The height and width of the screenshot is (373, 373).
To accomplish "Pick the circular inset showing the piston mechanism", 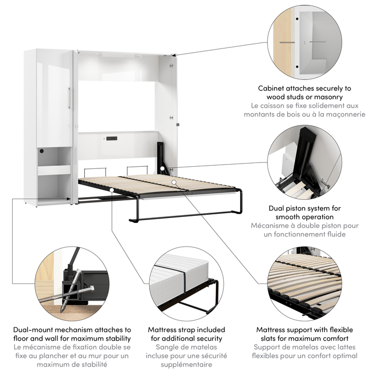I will [x=304, y=163].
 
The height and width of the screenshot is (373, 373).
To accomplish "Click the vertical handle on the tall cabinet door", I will [x=69, y=98].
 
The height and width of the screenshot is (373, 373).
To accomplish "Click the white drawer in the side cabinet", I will [x=54, y=170].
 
